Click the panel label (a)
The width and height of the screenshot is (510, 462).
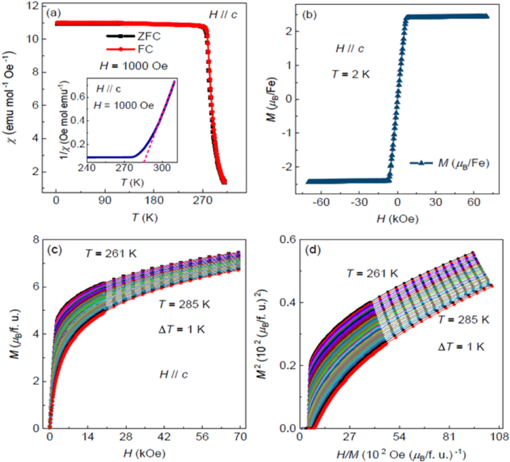point(54,14)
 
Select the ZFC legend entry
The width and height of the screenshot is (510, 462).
point(148,36)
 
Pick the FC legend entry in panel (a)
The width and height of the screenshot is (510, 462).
point(145,49)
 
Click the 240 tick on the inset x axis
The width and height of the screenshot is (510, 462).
point(87,168)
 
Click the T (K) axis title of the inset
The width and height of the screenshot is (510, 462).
point(132,183)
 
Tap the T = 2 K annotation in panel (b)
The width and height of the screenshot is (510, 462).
point(351,74)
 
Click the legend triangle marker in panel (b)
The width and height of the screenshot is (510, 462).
point(422,163)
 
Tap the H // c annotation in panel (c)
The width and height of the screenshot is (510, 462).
point(173,374)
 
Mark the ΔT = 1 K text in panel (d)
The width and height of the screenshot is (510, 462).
point(461,346)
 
